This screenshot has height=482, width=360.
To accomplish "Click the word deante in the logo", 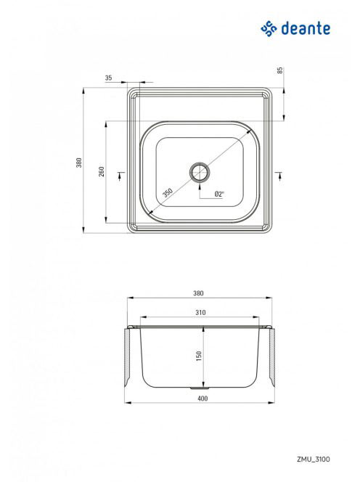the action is point(306,28).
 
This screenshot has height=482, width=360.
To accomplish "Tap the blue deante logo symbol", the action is point(269,28).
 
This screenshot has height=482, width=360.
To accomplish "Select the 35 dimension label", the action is point(109,78).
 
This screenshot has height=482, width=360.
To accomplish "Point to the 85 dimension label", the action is point(279,70).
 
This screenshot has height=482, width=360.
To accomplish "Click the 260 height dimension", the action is point(102,171).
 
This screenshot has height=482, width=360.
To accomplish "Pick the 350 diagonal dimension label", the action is point(168,192).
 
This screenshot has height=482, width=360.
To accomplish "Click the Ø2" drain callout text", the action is point(219,194).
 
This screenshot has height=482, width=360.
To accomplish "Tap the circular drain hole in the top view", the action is point(200,172).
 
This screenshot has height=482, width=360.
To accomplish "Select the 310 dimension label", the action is point(200,312).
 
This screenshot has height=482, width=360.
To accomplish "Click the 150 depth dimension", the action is point(199,356).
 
